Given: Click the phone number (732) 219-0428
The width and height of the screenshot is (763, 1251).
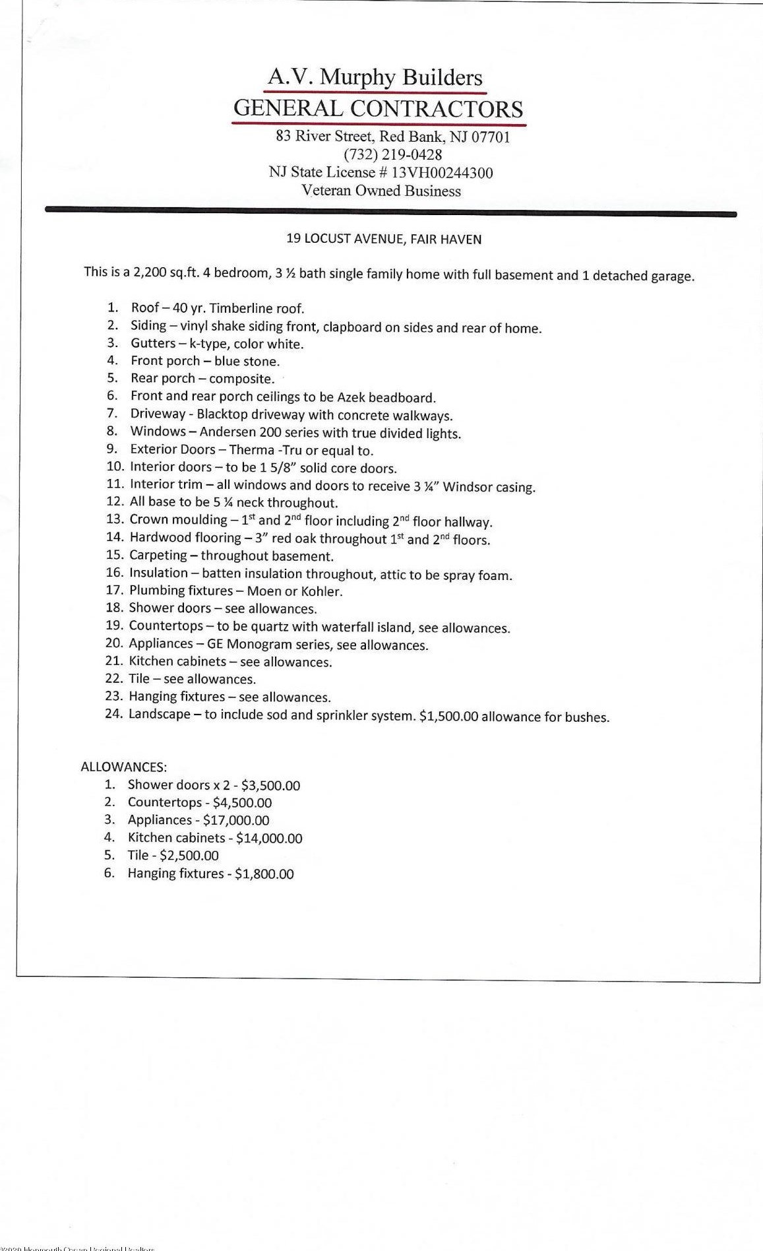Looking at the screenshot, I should point(392,155).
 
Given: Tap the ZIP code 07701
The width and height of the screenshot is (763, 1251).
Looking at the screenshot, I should point(490,137).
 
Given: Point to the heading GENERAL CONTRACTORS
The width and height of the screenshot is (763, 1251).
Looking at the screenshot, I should point(379,109).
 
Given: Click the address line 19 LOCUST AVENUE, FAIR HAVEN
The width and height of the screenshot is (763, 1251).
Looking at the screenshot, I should point(384,240).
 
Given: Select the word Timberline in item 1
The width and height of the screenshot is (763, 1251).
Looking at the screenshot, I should point(239,308).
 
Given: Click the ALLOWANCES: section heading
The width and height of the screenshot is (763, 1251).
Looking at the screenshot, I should point(124,767).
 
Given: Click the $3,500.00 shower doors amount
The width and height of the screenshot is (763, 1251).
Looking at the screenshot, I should point(270,785).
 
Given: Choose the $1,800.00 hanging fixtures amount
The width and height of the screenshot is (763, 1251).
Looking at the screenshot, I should point(264,874).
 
